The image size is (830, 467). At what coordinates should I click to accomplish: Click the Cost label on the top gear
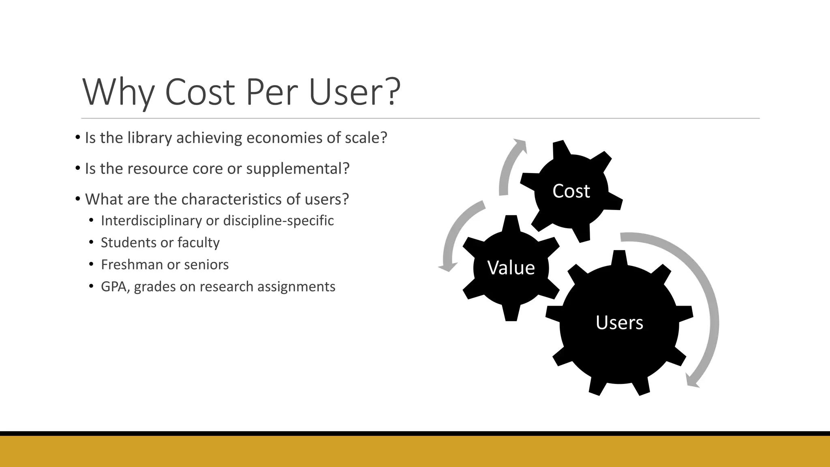point(571,191)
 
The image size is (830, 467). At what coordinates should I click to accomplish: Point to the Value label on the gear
point(511,268)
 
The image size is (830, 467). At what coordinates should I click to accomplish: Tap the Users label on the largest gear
point(619,323)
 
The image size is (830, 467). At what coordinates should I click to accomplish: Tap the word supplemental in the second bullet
point(297,169)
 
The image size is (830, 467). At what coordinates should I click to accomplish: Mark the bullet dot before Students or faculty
point(92,242)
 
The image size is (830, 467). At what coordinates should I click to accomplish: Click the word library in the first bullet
point(150,138)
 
